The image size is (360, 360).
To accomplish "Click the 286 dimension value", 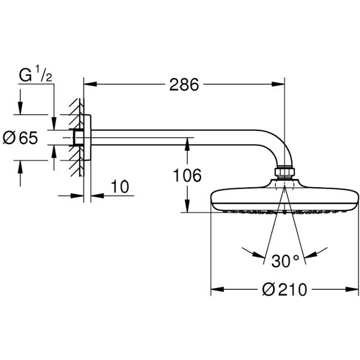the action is click(184, 85).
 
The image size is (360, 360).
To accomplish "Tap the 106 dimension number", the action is click(187, 175).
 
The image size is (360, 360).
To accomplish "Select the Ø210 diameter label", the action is click(284, 290).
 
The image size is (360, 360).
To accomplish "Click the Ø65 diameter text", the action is click(20, 138).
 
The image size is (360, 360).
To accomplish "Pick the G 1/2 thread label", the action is click(35, 74).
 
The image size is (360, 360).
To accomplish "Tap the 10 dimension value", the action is click(120, 187).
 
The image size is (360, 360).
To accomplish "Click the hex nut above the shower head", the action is click(284, 172).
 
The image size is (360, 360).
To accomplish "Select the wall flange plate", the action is click(88, 137).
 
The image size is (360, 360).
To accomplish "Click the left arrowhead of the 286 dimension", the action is click(90, 84).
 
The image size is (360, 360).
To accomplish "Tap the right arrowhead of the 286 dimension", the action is click(278, 84).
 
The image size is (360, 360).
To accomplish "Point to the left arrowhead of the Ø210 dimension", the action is click(217, 289).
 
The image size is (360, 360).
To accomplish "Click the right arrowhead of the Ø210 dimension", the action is click(352, 289).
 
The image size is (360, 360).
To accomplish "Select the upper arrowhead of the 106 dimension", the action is click(187, 144).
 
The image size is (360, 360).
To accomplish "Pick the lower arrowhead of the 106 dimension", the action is click(187, 206).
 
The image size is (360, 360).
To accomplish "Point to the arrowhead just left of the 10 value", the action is click(77, 196).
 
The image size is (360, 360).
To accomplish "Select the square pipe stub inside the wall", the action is click(79, 138).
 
